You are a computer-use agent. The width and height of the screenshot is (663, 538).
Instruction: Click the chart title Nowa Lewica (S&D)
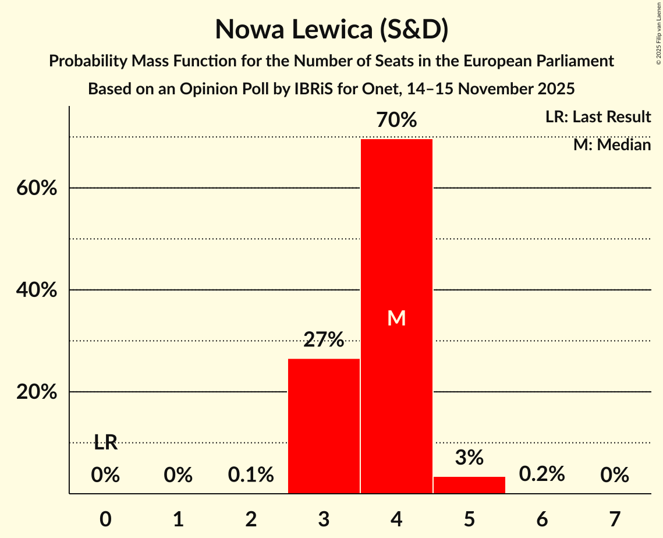coord(331,30)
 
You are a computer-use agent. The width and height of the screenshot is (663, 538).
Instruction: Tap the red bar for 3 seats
coord(324,426)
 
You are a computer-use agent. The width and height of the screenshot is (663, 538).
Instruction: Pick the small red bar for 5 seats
coord(469,485)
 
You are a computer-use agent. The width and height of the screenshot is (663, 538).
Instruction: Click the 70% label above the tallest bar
coord(396,121)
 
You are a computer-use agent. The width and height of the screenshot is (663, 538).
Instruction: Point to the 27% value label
coord(324,339)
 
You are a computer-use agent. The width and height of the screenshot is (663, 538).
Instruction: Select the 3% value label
coord(469,458)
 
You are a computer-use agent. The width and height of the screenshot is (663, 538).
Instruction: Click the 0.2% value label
coord(542,475)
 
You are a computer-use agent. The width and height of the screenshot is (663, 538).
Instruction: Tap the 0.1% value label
coord(251,475)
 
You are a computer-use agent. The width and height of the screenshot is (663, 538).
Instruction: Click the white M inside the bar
coord(396,318)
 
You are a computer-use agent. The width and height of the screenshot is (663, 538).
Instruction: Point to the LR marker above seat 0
coord(105,443)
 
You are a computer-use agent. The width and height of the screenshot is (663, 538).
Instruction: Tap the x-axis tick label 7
coord(615,518)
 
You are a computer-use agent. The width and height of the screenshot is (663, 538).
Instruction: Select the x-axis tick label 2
coord(251,518)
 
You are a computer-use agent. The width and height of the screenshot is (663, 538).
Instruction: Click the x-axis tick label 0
coord(105,518)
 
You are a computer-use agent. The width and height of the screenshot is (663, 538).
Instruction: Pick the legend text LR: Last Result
coord(598,117)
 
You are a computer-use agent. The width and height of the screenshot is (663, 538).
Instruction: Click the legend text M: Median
coord(612,144)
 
